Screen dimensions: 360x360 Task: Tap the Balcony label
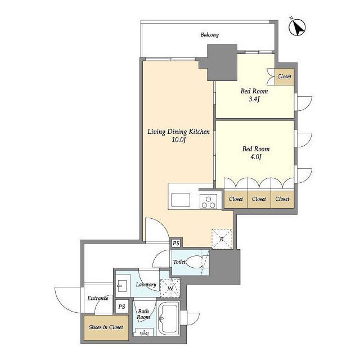(x=210, y=35)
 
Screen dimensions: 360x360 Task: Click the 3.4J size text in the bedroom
(x=254, y=100)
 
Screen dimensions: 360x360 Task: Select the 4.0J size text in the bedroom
(x=256, y=157)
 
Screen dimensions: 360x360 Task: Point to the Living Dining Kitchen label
(x=178, y=132)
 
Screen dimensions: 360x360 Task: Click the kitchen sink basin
(x=181, y=200)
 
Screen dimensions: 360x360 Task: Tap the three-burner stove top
(x=209, y=201)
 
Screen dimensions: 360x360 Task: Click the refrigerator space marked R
(x=222, y=239)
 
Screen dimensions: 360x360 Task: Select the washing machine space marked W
(x=170, y=288)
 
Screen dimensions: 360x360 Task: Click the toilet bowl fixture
(x=194, y=262)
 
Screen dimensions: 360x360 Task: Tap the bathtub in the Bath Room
(x=169, y=318)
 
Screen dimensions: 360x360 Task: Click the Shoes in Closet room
(x=106, y=327)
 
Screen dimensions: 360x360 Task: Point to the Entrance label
(x=98, y=298)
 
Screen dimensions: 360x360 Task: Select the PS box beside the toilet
(x=176, y=243)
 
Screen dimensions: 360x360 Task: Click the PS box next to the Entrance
(x=121, y=307)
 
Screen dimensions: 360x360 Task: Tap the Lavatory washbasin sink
(x=120, y=286)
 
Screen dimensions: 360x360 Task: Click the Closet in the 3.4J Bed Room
(x=285, y=76)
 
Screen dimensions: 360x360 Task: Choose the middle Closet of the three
(x=259, y=200)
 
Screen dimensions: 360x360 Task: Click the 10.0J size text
(x=178, y=139)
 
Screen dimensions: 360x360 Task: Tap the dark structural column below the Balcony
(x=222, y=62)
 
